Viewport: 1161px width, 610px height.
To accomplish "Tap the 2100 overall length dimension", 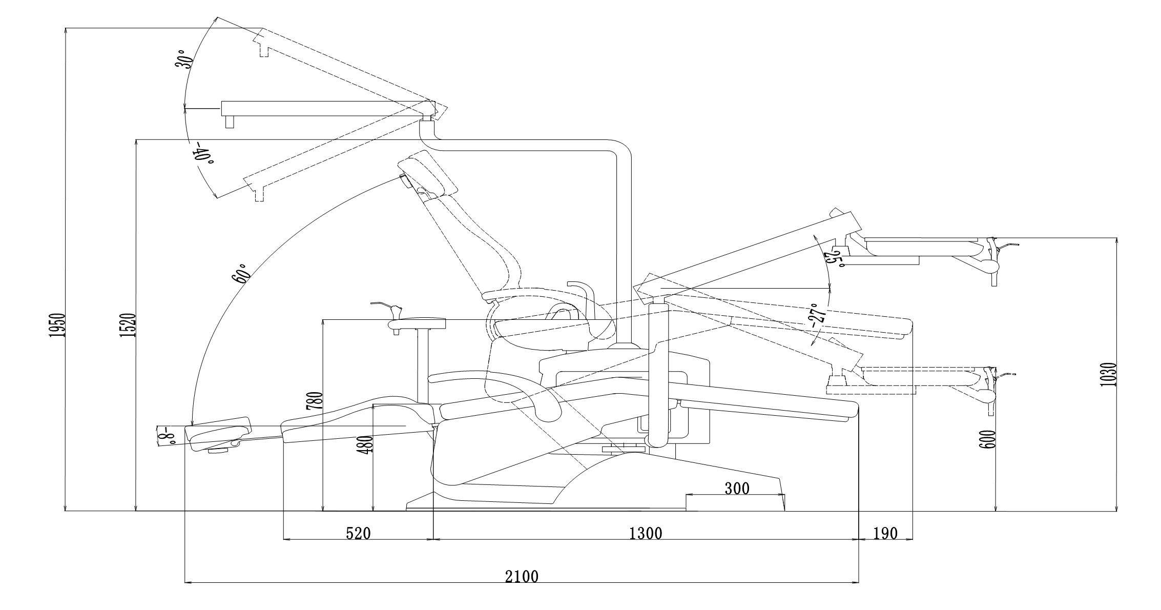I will [522, 577].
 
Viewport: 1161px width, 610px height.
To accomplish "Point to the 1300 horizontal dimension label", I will [646, 534].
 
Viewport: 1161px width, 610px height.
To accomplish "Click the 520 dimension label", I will [358, 534].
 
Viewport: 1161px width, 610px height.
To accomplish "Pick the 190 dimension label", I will [885, 534].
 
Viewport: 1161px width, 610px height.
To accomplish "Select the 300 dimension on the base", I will [737, 489].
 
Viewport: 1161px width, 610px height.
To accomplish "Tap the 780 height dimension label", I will [315, 400].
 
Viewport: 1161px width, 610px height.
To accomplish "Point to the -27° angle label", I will [816, 318].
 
